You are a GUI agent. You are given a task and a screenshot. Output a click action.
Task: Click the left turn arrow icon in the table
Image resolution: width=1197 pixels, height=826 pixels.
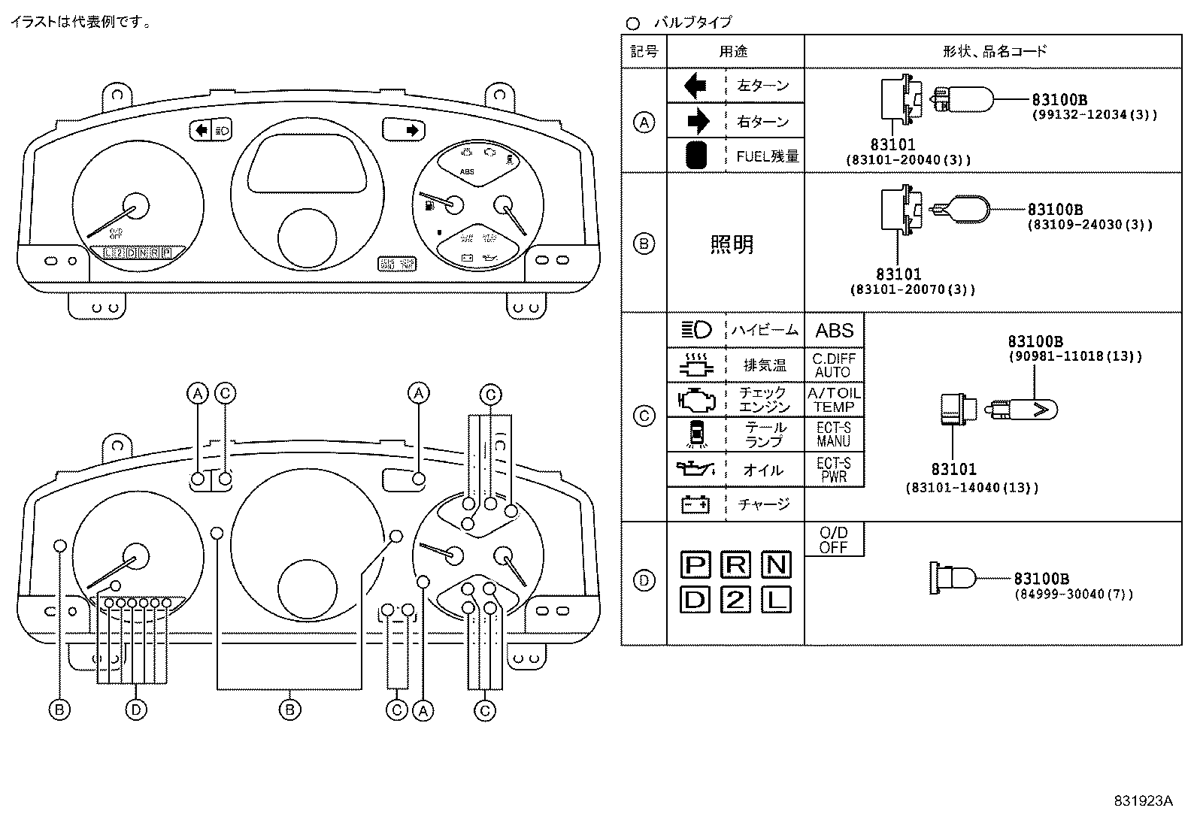[x=695, y=86]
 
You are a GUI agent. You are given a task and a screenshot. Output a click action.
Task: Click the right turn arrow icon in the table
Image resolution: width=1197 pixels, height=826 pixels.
[x=699, y=121]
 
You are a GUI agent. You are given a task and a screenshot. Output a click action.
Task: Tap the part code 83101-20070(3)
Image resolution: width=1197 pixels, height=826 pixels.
[x=912, y=289]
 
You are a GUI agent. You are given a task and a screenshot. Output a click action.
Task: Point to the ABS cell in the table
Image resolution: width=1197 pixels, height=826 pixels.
[x=834, y=331]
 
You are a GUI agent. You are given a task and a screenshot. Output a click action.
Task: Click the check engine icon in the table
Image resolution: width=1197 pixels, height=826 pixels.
[x=696, y=400]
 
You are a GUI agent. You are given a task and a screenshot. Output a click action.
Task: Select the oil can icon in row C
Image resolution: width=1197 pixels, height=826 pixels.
[x=696, y=470]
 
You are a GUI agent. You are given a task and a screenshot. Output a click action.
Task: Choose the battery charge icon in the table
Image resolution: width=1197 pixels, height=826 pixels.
[x=695, y=504]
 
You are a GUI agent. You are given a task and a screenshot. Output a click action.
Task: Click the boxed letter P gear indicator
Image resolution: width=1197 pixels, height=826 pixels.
[x=696, y=564]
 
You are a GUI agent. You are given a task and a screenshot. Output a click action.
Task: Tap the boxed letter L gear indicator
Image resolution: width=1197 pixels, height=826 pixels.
[x=776, y=600]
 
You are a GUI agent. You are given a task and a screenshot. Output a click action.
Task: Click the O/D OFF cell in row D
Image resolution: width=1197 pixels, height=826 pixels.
[x=834, y=540]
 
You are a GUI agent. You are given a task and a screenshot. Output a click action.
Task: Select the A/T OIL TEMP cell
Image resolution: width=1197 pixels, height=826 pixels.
[x=834, y=400]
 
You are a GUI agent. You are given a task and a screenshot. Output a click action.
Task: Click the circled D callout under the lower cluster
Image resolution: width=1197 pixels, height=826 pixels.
[x=135, y=710]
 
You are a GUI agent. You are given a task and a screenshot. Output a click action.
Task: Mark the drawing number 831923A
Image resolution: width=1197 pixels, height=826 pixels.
[x=1143, y=801]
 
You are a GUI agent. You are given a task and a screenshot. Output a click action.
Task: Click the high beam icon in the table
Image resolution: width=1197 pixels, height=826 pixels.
[x=696, y=331]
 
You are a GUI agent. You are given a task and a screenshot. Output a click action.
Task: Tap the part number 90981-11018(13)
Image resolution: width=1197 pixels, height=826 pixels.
[x=1074, y=357]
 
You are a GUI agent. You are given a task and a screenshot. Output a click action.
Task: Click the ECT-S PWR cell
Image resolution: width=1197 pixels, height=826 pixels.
[x=834, y=470]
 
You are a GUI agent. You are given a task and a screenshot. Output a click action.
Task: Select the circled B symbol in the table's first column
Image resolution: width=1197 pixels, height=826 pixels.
[x=644, y=244]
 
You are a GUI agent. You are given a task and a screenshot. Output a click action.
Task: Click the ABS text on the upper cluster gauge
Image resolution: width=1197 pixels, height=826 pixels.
[x=468, y=172]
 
